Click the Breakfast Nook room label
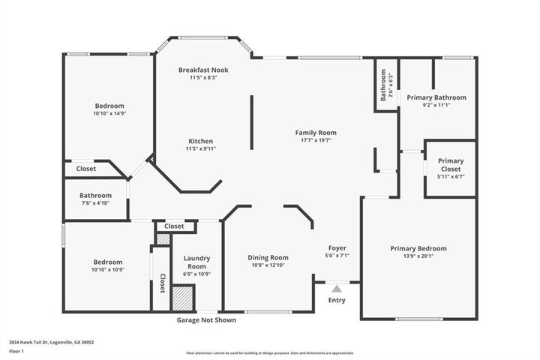point(202,70)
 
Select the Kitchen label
point(200,141)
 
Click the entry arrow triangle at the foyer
point(337,287)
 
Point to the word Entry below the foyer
point(337,301)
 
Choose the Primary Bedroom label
point(418,249)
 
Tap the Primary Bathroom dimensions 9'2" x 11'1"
point(436,106)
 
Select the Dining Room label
point(268,258)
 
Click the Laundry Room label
point(196,262)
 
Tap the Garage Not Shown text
point(206,320)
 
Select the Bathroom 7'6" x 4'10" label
point(95,199)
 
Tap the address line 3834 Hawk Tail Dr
point(51,342)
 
